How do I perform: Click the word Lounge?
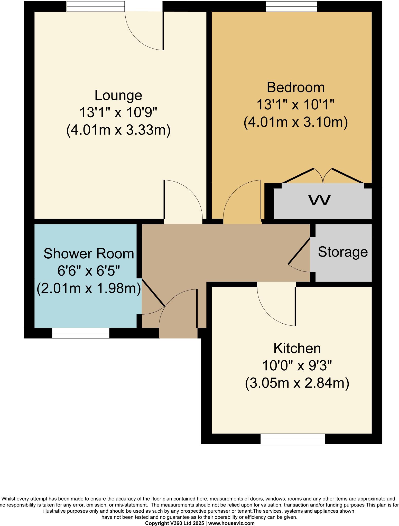tap(118, 95)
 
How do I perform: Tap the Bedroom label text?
tap(295, 87)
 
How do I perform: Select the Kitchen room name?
tap(297, 349)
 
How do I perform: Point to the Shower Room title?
tap(89, 254)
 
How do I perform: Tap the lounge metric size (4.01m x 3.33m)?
tap(118, 130)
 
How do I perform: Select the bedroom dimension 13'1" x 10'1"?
tap(295, 105)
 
